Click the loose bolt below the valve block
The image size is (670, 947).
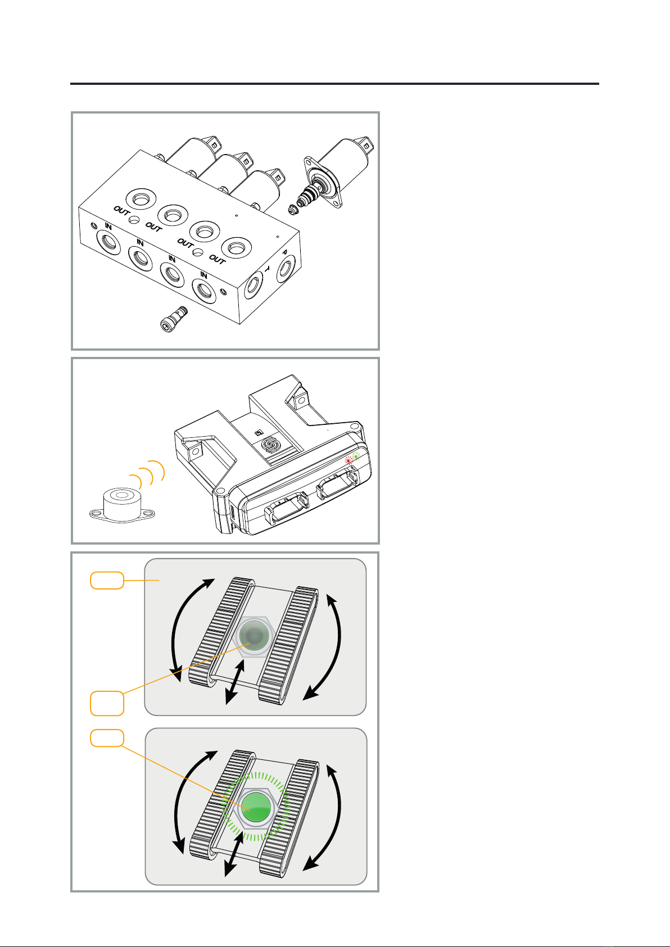[x=174, y=319]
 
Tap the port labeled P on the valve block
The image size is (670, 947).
[x=286, y=270]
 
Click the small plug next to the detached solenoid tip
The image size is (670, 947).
[x=291, y=209]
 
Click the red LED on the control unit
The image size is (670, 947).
[x=348, y=460]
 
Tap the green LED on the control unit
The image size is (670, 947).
[x=356, y=456]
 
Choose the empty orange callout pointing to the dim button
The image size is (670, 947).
[x=107, y=704]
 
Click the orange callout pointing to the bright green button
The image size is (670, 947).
[x=107, y=738]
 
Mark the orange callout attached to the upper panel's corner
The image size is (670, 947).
[x=107, y=581]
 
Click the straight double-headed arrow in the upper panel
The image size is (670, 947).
[x=235, y=682]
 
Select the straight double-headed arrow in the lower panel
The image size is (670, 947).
[x=234, y=854]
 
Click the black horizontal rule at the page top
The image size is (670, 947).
[x=335, y=84]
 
